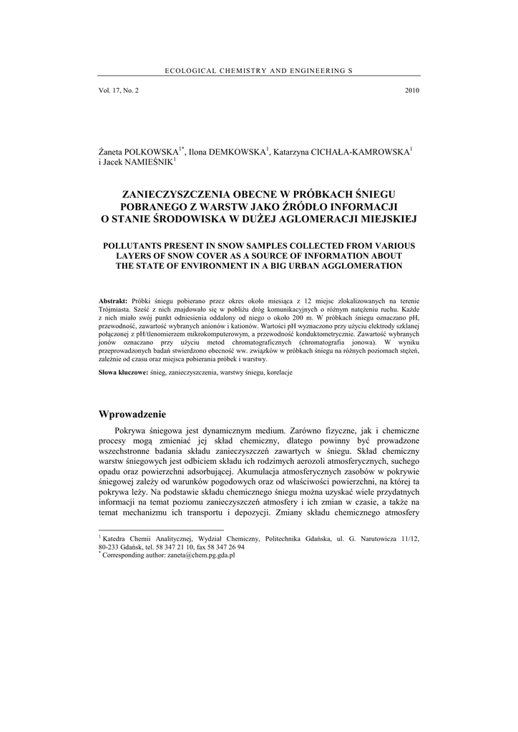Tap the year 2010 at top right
412,90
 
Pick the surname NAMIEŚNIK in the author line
147,163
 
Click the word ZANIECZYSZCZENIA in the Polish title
176,194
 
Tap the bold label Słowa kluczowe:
123,373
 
